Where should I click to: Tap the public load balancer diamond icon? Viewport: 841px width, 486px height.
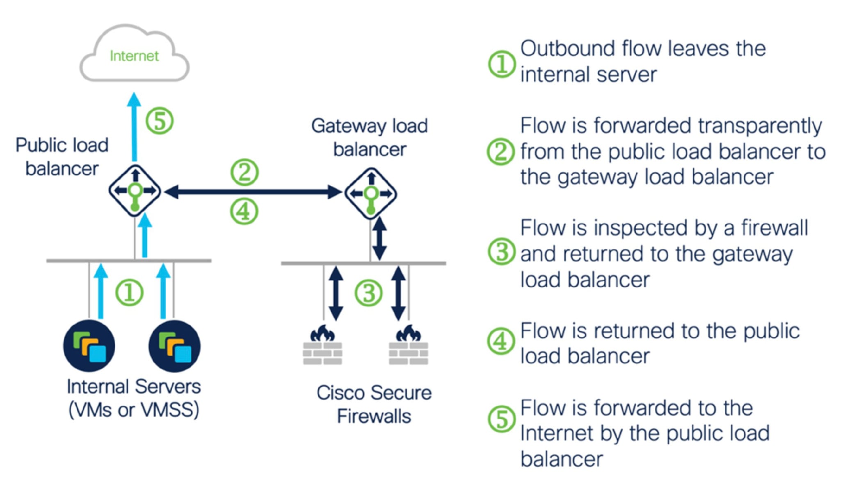(x=135, y=191)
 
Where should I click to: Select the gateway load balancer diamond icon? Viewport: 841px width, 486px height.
(x=371, y=193)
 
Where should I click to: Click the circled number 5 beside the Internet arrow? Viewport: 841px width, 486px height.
(x=160, y=121)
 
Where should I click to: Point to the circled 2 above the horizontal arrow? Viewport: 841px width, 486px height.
(x=245, y=172)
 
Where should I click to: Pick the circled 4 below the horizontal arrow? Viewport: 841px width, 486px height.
(x=244, y=211)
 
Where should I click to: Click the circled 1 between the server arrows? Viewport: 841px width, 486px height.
(x=129, y=293)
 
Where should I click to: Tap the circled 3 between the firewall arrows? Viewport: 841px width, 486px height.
(x=368, y=293)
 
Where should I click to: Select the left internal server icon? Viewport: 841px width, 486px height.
(x=89, y=346)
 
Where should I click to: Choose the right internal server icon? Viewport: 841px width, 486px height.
(x=174, y=346)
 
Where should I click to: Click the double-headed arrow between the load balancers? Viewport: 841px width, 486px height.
(x=253, y=191)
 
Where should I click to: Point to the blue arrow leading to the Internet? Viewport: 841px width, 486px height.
(x=134, y=127)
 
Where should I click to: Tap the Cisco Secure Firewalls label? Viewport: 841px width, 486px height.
(x=374, y=404)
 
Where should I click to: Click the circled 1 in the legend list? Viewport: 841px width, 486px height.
(x=501, y=64)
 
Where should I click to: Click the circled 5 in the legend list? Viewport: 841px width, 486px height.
(x=501, y=419)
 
